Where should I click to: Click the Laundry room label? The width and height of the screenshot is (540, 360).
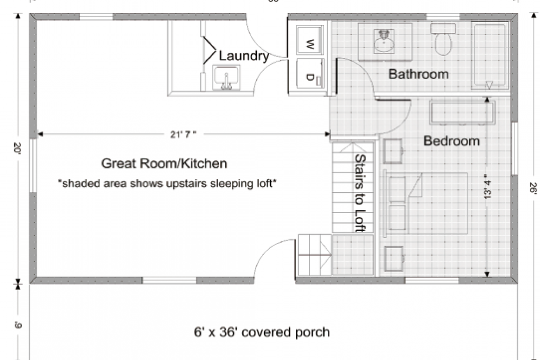[x=244, y=56]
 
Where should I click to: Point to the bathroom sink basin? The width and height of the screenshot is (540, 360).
[x=384, y=40]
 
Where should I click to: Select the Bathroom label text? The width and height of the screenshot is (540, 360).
[x=418, y=74]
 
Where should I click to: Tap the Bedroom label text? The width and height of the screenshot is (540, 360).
[x=451, y=141]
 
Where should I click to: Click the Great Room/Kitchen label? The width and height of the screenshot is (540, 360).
[x=164, y=163]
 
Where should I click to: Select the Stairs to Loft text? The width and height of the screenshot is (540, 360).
[x=359, y=193]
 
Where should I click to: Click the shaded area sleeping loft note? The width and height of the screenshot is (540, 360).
[x=167, y=184]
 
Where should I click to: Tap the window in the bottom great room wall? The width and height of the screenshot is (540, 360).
[x=169, y=280]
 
